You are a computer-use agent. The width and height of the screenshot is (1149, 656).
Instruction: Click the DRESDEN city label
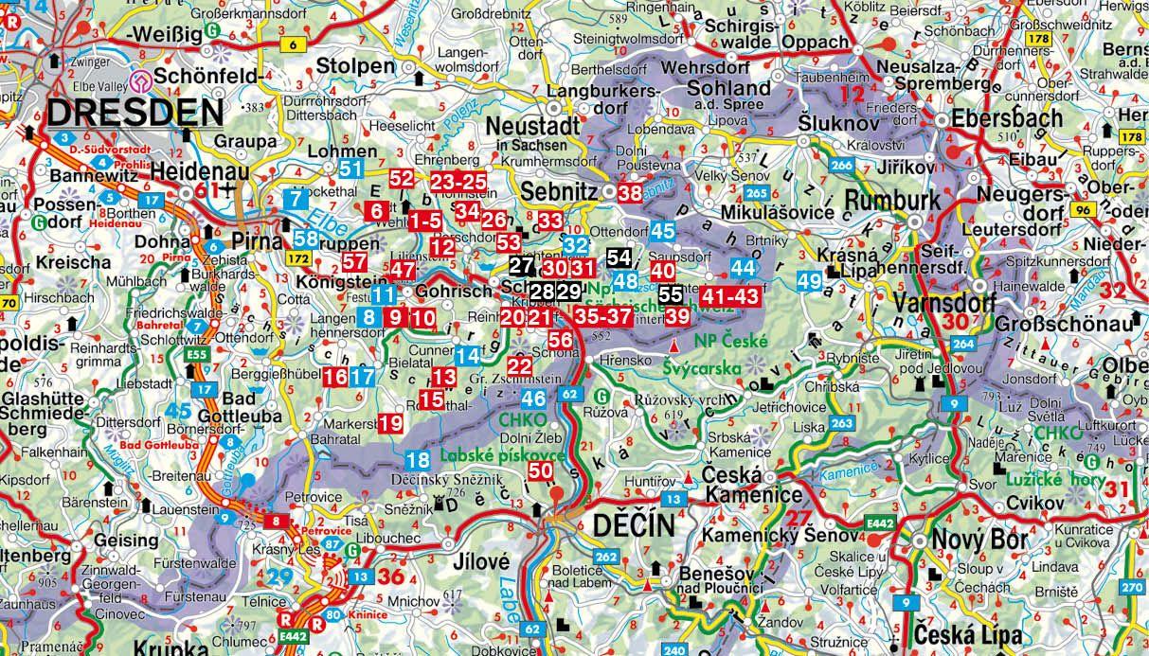coord(135,113)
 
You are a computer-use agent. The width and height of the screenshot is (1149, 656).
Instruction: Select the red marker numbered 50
coord(541,470)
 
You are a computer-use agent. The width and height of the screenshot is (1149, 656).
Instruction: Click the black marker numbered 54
coord(619,257)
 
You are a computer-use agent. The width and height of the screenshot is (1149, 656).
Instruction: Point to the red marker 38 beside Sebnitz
coord(630,193)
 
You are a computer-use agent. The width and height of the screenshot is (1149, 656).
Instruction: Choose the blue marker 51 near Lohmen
coord(351,169)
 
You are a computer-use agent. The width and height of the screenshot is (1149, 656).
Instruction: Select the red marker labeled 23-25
coord(458,180)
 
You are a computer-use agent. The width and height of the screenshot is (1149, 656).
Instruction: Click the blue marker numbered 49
coord(809,280)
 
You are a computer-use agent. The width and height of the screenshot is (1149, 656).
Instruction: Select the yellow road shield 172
coord(299,257)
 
